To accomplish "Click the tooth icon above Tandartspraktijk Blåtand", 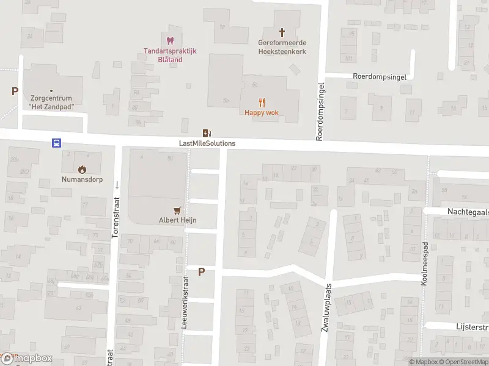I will click(x=171, y=40).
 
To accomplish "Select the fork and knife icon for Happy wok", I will click(x=262, y=102).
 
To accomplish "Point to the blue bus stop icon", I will click(x=56, y=143).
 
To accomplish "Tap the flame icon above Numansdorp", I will click(x=81, y=169).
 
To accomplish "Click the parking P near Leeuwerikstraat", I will click(x=201, y=272).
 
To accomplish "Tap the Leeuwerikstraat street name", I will click(x=184, y=301).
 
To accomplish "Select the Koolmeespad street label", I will click(x=424, y=264).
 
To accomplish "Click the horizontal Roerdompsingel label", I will click(x=379, y=77).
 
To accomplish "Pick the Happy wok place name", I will click(x=262, y=112).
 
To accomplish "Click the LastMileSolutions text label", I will click(x=207, y=143).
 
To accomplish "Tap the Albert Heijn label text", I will click(x=178, y=220).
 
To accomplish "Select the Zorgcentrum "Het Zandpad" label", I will click(x=51, y=102).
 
